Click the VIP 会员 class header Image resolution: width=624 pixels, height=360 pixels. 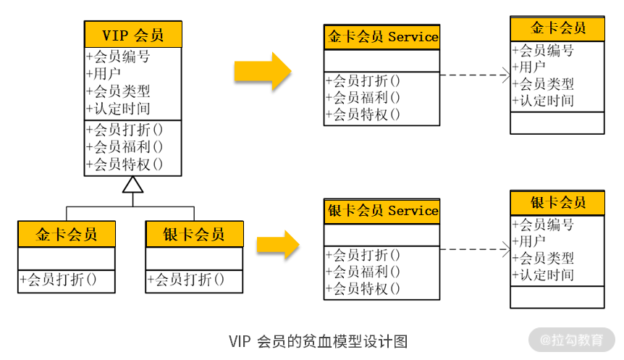click(x=132, y=34)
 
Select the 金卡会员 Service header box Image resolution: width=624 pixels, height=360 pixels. click(x=381, y=37)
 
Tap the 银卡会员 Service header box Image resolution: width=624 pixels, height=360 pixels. click(x=381, y=211)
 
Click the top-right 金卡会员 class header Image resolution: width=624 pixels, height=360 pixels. click(x=557, y=28)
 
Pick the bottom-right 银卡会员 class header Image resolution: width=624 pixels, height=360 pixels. click(x=557, y=203)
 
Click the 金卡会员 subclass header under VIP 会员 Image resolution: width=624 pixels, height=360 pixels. click(x=66, y=234)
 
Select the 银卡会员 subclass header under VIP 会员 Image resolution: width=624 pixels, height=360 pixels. click(x=194, y=234)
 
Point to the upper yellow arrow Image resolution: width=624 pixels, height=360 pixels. click(x=261, y=71)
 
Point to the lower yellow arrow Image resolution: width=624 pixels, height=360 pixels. click(x=277, y=244)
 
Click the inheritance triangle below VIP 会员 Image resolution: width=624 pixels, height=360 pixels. click(x=132, y=185)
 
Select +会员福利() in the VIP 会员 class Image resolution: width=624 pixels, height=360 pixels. click(x=124, y=147)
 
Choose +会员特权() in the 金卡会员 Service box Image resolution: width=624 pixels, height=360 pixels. click(x=363, y=114)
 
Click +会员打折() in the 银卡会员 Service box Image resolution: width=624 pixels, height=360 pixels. click(x=363, y=255)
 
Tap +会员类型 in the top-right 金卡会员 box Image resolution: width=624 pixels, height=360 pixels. click(x=542, y=84)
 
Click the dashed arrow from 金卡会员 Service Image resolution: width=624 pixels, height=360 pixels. click(x=474, y=75)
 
